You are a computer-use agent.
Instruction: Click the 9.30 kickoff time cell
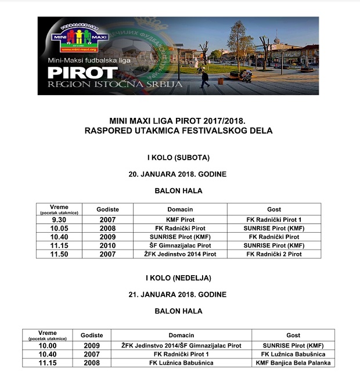click(x=60, y=219)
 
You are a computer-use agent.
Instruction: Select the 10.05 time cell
click(x=60, y=228)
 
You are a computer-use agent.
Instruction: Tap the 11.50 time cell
click(x=60, y=254)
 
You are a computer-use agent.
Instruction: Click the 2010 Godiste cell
click(x=107, y=246)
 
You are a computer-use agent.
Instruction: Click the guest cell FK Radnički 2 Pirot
click(x=274, y=254)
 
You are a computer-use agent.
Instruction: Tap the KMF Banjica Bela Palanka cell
click(x=293, y=363)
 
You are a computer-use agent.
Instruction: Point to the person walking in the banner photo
click(x=204, y=78)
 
